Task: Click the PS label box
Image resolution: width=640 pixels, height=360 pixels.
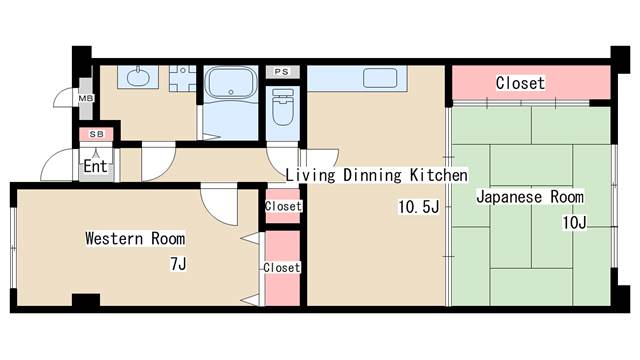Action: pos(281,72)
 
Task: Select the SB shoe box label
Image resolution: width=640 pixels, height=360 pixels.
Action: pos(96,133)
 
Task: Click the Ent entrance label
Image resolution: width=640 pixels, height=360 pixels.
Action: pos(95,167)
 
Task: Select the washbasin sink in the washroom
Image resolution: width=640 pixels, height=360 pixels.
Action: pos(137,78)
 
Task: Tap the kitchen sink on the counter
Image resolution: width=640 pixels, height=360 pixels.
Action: pos(381,78)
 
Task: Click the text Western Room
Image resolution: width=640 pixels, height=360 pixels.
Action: pos(134,239)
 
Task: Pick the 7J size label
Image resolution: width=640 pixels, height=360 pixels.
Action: pos(178,264)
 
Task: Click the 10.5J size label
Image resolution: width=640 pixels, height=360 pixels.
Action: pos(418,207)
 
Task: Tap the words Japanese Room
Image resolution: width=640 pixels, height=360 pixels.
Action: pos(529,197)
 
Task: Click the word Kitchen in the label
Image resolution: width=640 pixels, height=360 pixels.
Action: pos(437,175)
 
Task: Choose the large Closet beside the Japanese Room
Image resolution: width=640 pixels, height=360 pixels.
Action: pos(520,83)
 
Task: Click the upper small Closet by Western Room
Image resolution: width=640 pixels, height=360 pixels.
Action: pos(283,206)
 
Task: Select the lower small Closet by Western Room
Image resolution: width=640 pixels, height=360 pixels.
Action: pos(282,268)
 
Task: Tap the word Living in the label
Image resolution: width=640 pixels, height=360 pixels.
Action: pos(310,175)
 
